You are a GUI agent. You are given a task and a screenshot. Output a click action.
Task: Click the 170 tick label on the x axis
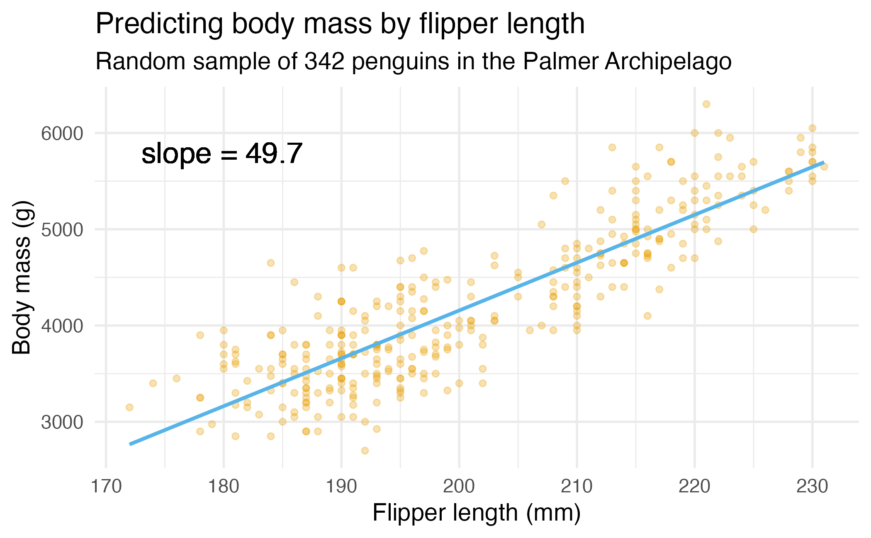(x=106, y=487)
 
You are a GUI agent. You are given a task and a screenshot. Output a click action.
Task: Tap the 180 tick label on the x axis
(x=224, y=487)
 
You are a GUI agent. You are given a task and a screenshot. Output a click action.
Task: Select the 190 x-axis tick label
(x=341, y=487)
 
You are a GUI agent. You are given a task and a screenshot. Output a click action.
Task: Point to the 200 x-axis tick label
(x=459, y=487)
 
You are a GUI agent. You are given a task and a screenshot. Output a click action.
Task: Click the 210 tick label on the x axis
(x=577, y=487)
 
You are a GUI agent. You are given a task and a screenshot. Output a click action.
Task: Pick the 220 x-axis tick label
(x=695, y=487)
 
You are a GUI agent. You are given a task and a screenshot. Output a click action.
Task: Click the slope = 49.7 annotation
(x=222, y=154)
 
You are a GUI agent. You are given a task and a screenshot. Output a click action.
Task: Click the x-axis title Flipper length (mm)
(x=477, y=513)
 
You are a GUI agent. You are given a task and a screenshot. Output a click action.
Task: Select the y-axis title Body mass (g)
(x=22, y=278)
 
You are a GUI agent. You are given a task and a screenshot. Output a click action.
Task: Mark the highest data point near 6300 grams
(x=706, y=104)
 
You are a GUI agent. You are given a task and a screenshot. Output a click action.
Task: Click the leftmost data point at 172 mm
(x=129, y=407)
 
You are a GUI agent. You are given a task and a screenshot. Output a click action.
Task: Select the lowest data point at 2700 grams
(x=365, y=450)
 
